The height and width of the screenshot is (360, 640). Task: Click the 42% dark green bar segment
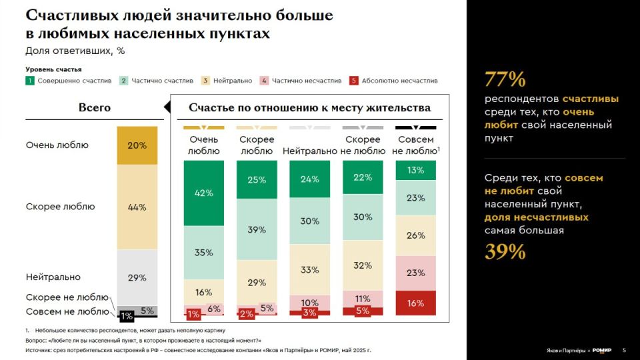[204, 193]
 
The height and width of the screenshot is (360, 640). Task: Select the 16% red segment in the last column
[415, 303]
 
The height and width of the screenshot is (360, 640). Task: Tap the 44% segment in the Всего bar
[137, 207]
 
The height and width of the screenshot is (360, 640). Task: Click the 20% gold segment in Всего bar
[137, 145]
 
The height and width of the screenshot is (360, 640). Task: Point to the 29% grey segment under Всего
[137, 277]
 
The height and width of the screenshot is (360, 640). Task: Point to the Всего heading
[95, 107]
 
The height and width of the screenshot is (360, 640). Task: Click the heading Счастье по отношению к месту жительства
[309, 107]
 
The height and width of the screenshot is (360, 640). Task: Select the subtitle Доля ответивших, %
[75, 51]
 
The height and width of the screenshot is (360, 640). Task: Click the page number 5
[624, 350]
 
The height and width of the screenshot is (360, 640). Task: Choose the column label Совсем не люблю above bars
[415, 145]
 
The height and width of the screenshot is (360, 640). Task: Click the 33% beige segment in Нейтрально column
[310, 270]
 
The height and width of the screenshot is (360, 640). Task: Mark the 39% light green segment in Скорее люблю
[257, 229]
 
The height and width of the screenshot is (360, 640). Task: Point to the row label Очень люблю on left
[57, 145]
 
